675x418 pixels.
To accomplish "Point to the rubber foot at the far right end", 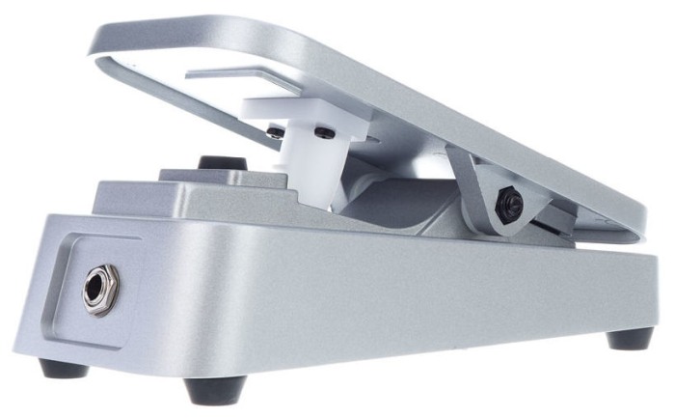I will tap(630, 338).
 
